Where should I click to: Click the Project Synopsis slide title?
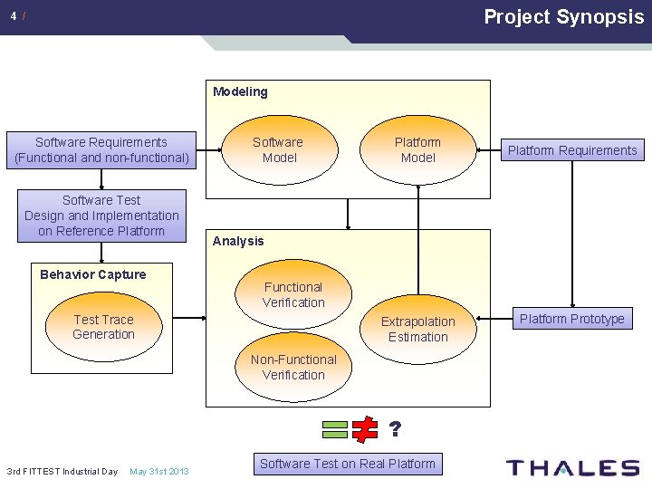click(563, 16)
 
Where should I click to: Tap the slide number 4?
click(13, 16)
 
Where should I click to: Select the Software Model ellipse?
click(277, 150)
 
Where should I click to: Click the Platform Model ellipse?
click(417, 150)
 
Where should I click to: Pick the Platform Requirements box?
click(571, 150)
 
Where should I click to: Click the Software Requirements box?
click(101, 150)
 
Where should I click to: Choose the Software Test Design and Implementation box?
click(101, 216)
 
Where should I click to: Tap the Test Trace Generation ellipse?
click(103, 327)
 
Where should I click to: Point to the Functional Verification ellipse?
click(293, 295)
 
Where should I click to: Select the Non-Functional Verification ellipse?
click(293, 367)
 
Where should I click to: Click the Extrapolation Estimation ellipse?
click(417, 329)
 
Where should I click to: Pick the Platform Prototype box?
click(571, 319)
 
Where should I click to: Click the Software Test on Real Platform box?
click(348, 464)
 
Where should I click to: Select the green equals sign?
click(334, 429)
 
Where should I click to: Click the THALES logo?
click(572, 468)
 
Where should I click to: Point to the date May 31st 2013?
click(159, 472)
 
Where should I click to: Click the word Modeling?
click(240, 91)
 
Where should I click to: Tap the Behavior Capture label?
click(93, 274)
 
